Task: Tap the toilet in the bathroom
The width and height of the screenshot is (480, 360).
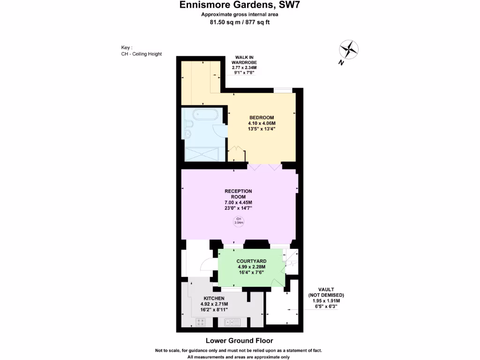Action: (x=187, y=123)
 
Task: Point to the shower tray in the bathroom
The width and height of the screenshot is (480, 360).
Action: (x=202, y=153)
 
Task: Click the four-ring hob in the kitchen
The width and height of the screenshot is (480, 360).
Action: (x=201, y=322)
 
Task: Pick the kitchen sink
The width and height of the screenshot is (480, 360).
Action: (x=232, y=322)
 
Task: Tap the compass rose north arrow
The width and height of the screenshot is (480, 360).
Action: (x=348, y=49)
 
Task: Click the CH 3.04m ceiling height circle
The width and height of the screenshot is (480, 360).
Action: (x=238, y=221)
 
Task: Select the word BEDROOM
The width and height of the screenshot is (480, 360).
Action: (x=262, y=117)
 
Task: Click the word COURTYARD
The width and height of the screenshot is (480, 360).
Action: (x=252, y=261)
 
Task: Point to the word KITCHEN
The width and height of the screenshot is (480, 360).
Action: (x=214, y=298)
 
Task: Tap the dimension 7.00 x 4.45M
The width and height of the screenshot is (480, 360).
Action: (x=238, y=202)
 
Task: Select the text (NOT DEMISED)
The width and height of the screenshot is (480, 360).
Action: (x=326, y=295)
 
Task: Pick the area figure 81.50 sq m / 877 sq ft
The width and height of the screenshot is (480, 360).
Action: (x=240, y=22)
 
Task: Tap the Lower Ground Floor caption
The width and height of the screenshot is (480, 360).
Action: (x=240, y=341)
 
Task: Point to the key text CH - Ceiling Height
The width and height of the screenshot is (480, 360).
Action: (x=141, y=54)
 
